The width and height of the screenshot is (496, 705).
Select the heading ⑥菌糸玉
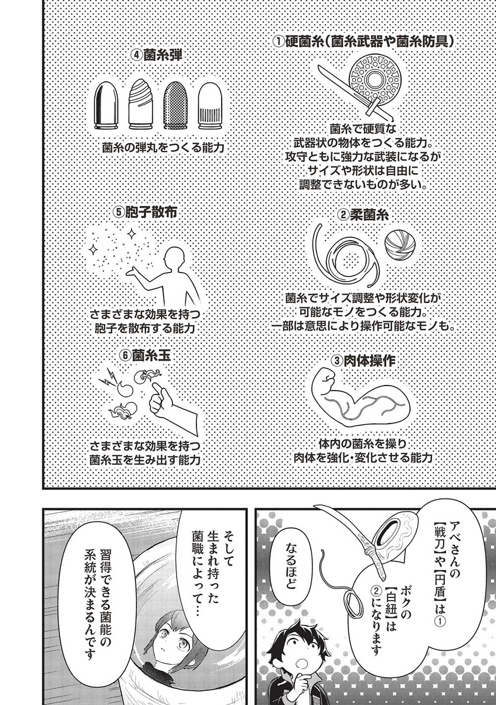pyautogui.click(x=145, y=356)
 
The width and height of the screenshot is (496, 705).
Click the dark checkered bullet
pyautogui.click(x=174, y=105)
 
